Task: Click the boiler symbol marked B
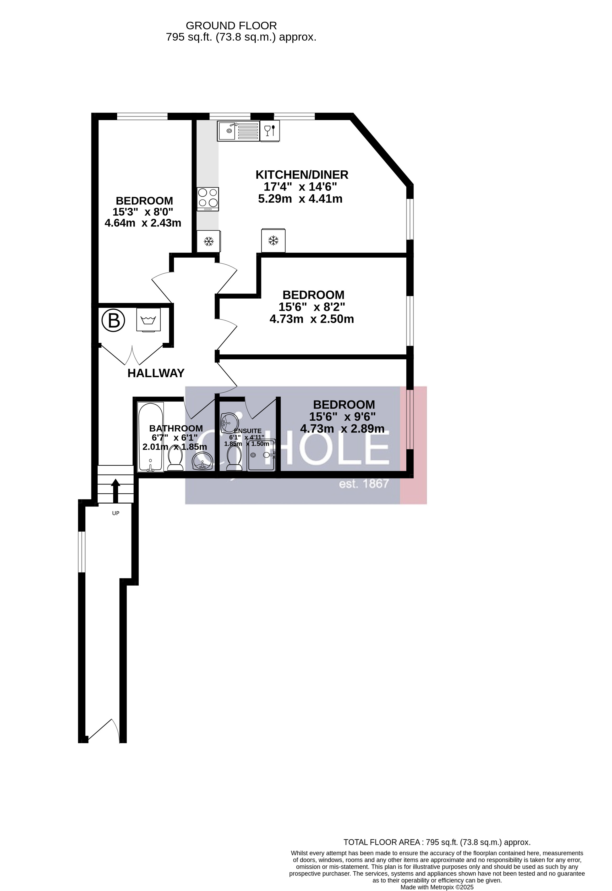click(114, 320)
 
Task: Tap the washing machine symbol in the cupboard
click(149, 320)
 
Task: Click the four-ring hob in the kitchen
click(207, 199)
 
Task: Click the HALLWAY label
click(156, 373)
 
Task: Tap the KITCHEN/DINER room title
click(302, 175)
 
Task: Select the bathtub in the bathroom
click(150, 437)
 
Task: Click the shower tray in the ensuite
click(261, 455)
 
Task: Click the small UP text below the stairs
click(116, 513)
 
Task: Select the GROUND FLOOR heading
click(231, 26)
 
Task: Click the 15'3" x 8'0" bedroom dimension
click(143, 212)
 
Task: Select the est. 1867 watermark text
click(364, 484)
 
